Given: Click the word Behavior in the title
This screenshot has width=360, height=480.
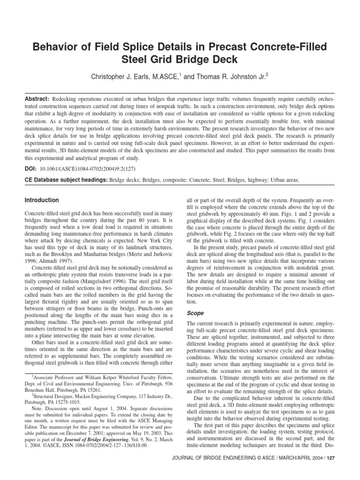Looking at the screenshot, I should pos(57,47).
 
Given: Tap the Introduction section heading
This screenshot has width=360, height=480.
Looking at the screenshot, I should pos(42,200).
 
